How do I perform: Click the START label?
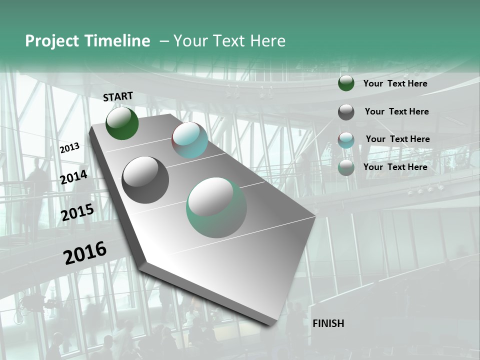point(118,96)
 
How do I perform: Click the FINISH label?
point(328,323)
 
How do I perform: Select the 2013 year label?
point(69,148)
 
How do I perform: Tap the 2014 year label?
point(74,177)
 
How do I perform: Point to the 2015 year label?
point(77,213)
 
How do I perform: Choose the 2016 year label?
point(85,252)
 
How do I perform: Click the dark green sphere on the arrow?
point(122,123)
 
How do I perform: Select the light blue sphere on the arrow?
point(189,140)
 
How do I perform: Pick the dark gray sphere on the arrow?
point(145,180)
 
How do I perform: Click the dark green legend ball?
point(346,83)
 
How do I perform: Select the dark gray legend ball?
point(346,112)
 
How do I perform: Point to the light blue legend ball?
point(346,140)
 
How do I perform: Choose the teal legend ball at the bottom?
point(346,168)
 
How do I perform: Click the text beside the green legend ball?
point(395,84)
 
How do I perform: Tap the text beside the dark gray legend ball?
point(396,111)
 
